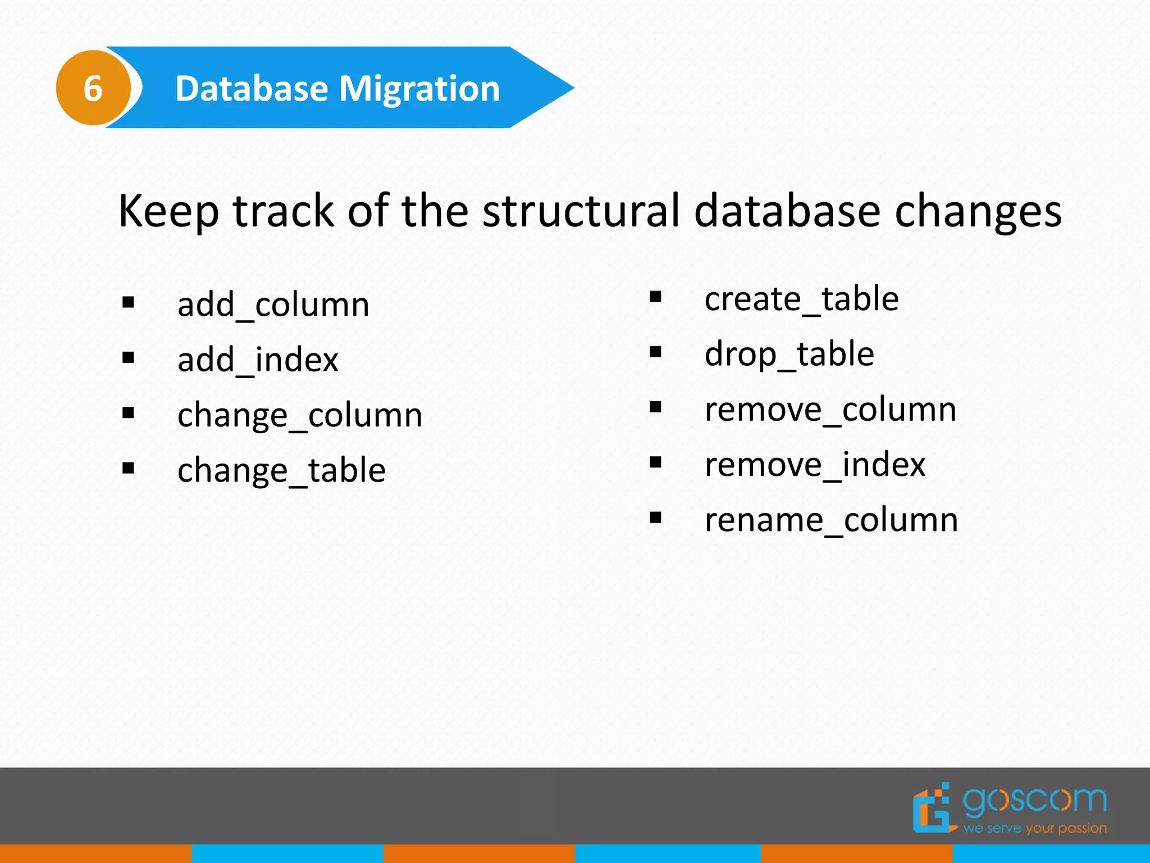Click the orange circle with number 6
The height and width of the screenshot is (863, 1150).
click(93, 88)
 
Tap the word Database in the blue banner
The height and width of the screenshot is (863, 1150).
click(252, 89)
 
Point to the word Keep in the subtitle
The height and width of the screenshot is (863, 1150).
click(168, 212)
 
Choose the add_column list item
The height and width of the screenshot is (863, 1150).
click(273, 305)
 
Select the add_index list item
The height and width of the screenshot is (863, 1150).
click(258, 360)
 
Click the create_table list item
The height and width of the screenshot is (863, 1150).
click(801, 299)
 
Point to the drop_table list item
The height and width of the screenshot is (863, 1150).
click(789, 355)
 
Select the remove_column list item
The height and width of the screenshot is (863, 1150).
click(830, 410)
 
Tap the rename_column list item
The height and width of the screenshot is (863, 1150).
click(831, 520)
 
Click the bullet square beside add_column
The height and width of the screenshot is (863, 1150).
click(129, 303)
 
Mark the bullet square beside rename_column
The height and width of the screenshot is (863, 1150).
click(655, 517)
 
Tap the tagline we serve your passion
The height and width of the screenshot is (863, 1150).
click(1034, 828)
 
